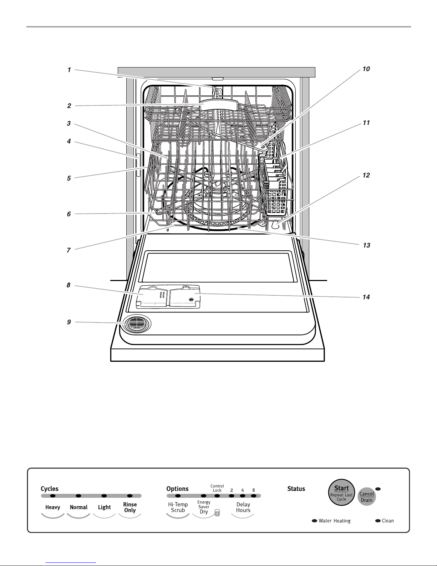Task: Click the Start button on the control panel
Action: [341, 492]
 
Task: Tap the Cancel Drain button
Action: [366, 496]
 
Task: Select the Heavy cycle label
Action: [52, 507]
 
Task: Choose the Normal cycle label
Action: [78, 507]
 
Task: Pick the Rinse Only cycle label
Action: [130, 507]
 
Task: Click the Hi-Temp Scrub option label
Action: [178, 507]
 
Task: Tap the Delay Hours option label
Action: [243, 507]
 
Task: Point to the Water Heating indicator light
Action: [315, 521]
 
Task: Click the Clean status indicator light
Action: [378, 521]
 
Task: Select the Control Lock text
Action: [217, 488]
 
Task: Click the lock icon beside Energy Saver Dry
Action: [217, 513]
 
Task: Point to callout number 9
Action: [69, 322]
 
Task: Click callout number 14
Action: [366, 297]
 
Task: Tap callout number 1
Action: [69, 70]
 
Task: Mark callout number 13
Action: [366, 245]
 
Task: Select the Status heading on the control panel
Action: [296, 489]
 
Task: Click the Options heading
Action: [177, 489]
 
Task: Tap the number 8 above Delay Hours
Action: [254, 490]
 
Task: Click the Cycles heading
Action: [50, 489]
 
